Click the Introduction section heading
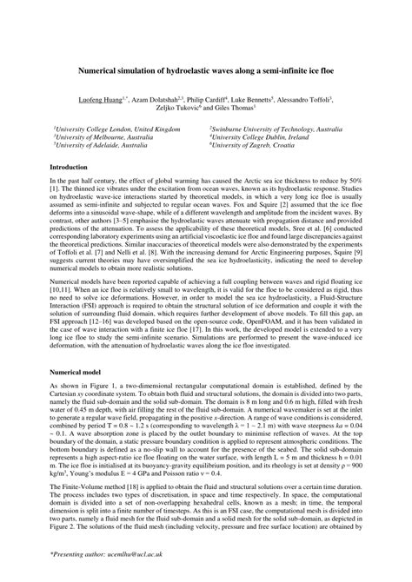(x=73, y=166)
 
